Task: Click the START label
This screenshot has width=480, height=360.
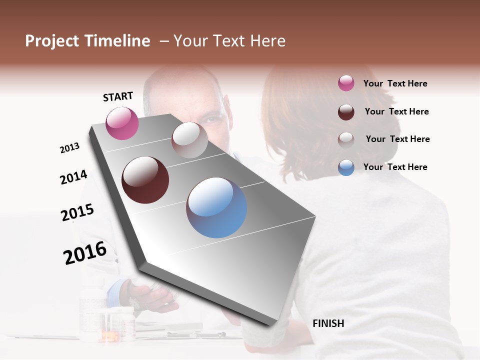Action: point(118,96)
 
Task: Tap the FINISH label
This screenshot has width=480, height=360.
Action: point(328,323)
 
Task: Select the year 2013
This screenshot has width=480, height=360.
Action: point(70,148)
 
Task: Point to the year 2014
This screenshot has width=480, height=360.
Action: point(73,177)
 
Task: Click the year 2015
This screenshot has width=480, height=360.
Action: point(77,212)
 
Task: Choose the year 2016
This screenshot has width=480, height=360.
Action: point(85,252)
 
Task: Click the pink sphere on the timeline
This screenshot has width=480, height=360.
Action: point(122,123)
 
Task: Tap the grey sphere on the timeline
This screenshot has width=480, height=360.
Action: point(189,140)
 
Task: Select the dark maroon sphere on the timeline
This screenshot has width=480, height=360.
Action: point(145,180)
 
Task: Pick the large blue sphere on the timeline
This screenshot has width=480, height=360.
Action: point(216,207)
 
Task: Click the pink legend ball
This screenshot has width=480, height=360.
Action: point(346,83)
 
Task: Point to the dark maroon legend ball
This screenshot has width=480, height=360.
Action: point(346,111)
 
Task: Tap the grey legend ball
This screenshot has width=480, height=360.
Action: point(346,139)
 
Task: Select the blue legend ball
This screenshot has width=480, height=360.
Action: point(346,167)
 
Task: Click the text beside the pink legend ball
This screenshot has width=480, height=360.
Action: point(395,83)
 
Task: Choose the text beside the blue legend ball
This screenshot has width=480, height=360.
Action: point(395,167)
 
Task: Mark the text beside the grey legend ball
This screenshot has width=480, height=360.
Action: point(397,139)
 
